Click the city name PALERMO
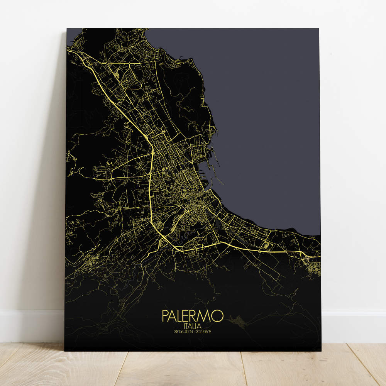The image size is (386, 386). click(193, 316)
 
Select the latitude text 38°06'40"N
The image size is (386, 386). click(183, 331)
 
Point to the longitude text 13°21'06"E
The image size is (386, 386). click(202, 331)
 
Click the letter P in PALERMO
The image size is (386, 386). click(165, 316)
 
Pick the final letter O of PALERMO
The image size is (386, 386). click(218, 316)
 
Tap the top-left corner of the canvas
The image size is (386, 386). click(67, 28)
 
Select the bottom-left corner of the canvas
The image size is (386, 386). click(65, 350)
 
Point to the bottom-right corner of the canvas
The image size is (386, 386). click(321, 350)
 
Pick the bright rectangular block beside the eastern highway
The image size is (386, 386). click(266, 245)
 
